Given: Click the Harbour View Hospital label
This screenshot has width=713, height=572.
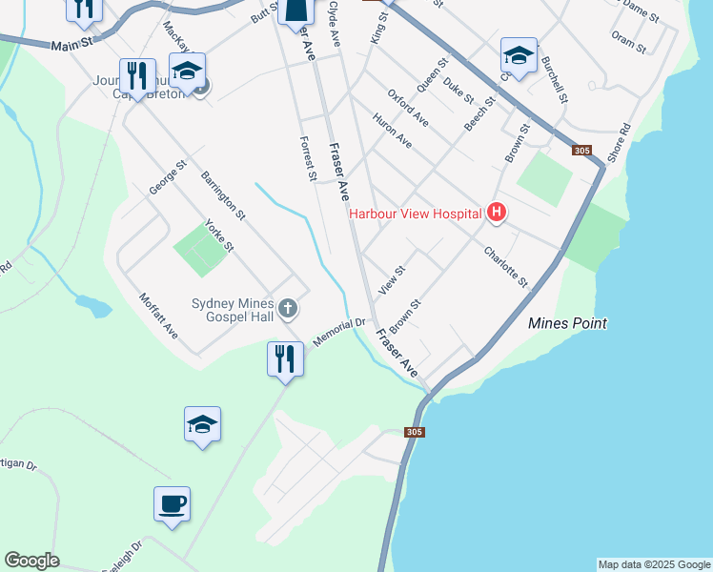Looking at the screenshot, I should [415, 214].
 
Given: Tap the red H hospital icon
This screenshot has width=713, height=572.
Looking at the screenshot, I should [496, 213].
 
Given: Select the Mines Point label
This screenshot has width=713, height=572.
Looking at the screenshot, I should [567, 323].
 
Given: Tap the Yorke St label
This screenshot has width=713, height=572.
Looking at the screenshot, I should [219, 234].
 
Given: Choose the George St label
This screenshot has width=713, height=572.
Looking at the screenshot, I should [166, 177].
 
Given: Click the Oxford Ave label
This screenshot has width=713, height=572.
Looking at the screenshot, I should [408, 108].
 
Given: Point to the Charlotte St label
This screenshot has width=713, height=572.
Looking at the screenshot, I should [505, 268].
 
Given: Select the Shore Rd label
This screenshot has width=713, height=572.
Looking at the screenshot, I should [619, 142].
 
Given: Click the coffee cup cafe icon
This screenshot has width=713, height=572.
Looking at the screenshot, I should [172, 504].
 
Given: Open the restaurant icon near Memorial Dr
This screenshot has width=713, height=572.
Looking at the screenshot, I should [285, 359].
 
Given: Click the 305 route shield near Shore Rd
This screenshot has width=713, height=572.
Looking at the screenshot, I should [581, 151].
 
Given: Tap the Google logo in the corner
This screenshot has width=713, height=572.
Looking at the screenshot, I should [31, 561].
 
